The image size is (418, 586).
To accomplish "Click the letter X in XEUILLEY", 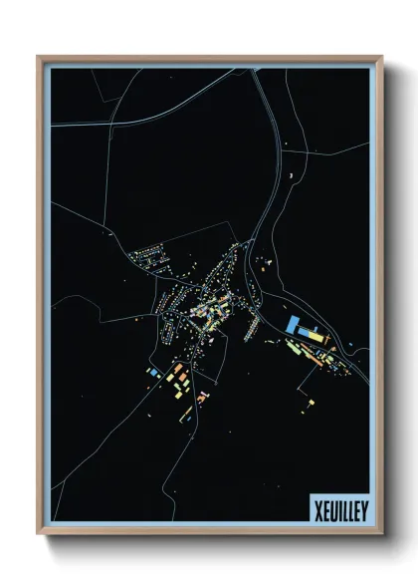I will [x=317, y=509].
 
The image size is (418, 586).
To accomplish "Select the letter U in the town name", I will [x=332, y=509].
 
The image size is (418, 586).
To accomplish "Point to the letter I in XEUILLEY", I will [x=338, y=509].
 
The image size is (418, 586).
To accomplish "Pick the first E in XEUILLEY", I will [x=325, y=509].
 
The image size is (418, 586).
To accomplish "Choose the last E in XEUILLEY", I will [x=357, y=509].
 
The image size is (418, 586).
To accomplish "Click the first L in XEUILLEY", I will [x=344, y=509].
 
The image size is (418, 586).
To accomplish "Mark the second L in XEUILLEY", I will [x=350, y=509].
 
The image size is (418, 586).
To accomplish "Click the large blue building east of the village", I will [x=298, y=325].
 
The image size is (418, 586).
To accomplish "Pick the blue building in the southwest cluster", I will [x=154, y=371].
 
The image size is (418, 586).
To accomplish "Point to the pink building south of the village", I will [x=202, y=397].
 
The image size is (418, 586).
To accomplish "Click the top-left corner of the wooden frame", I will [x=39, y=57].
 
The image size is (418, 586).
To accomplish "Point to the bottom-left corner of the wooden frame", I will [x=39, y=535].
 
